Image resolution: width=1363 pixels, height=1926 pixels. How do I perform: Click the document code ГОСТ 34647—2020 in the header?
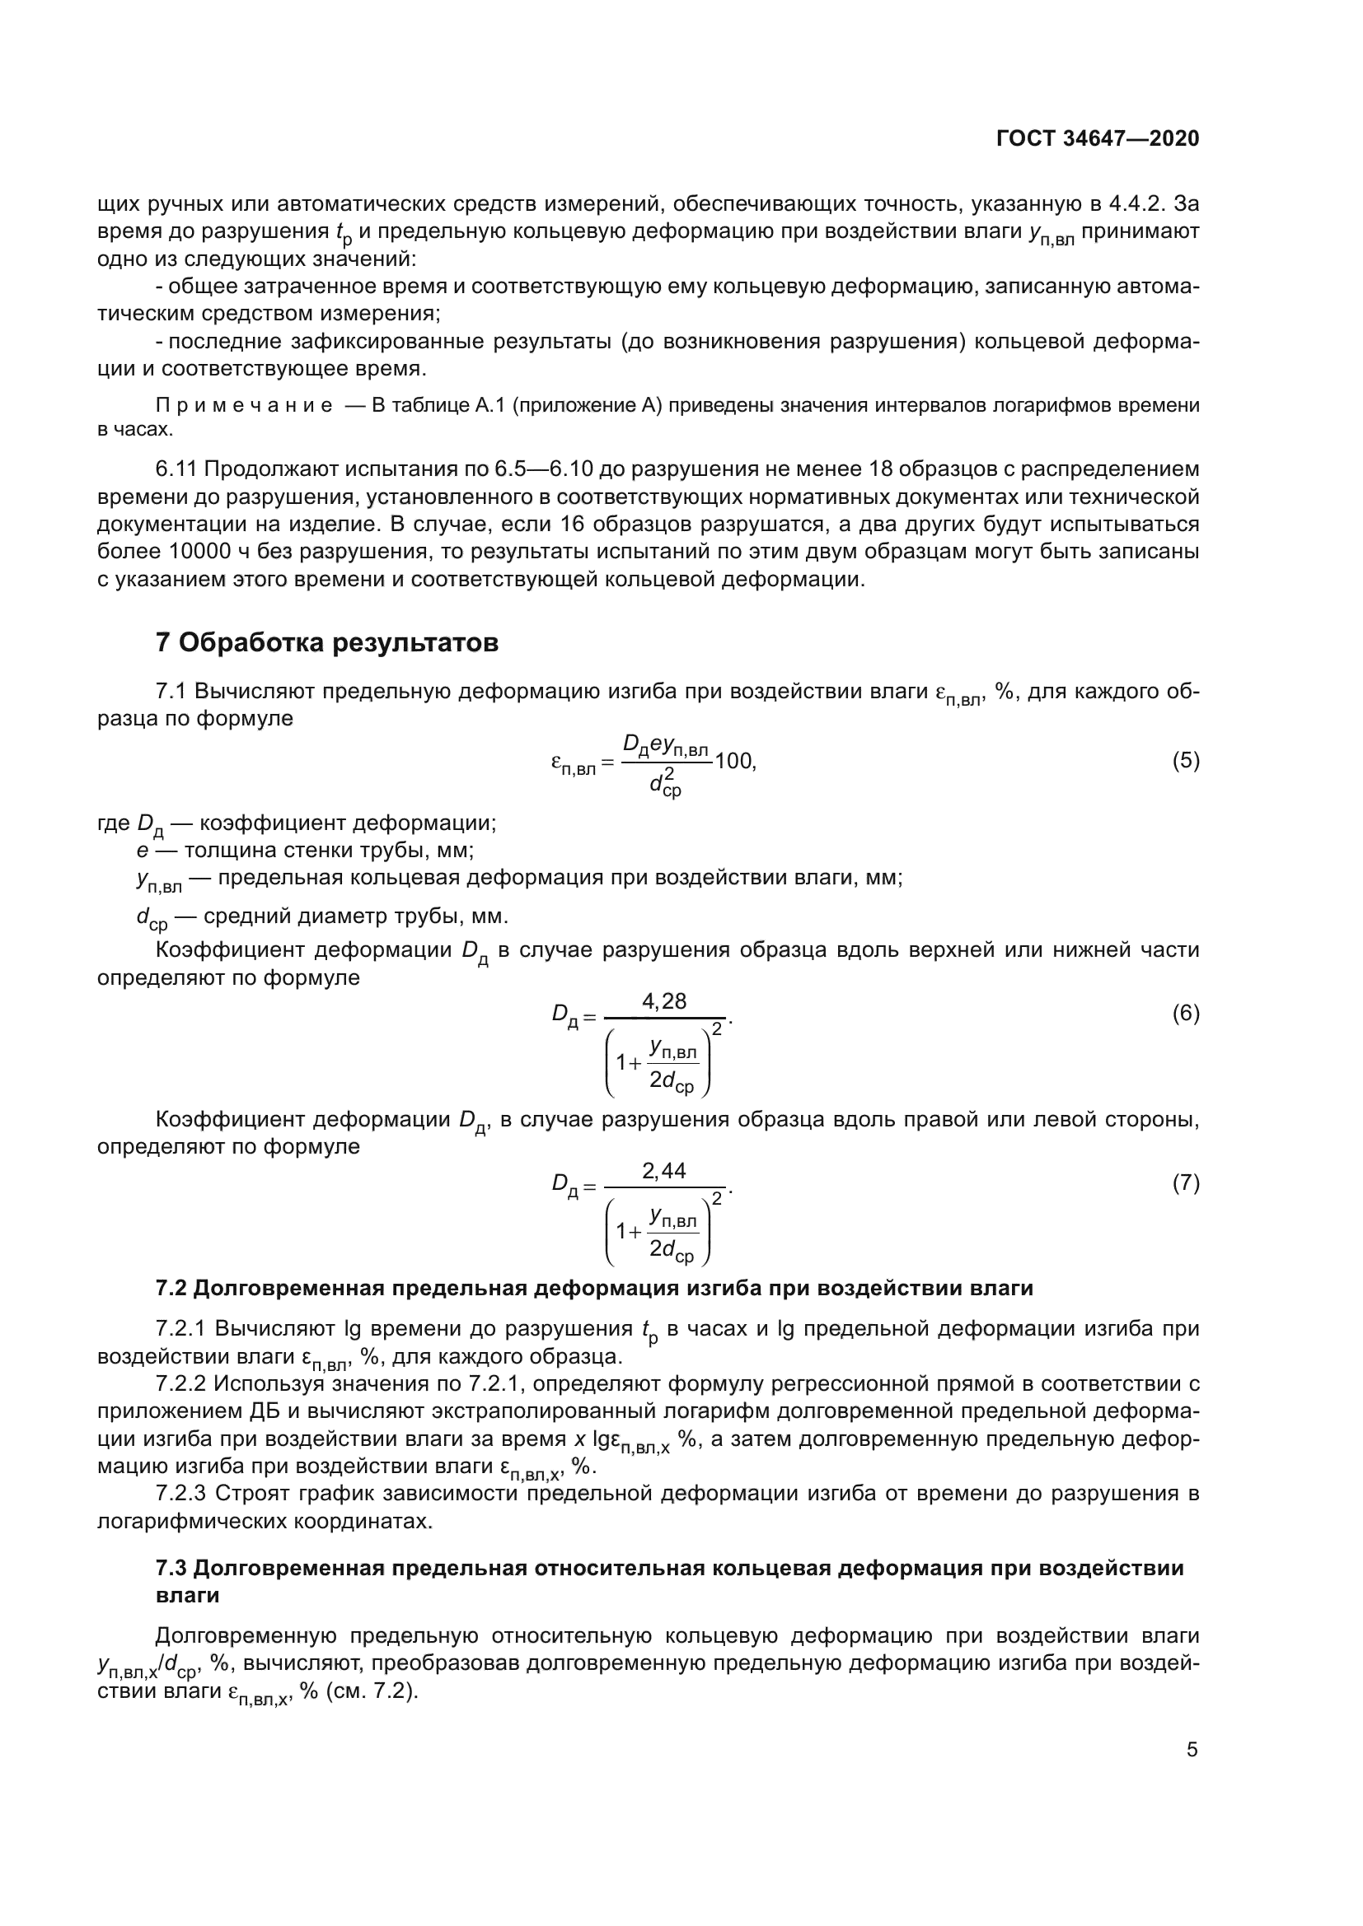tap(1097, 138)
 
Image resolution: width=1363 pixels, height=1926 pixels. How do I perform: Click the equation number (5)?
tap(1185, 761)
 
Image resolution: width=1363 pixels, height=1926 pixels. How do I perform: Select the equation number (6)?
tap(1185, 1014)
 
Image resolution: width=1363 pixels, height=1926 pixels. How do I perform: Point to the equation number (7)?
tap(1185, 1182)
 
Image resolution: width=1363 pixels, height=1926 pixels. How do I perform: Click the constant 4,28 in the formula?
tap(663, 1000)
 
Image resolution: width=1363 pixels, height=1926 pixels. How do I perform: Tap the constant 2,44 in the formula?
tap(663, 1170)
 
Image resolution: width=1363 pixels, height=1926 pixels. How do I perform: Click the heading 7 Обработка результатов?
tap(327, 642)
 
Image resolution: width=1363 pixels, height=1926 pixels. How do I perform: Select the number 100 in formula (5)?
tap(734, 762)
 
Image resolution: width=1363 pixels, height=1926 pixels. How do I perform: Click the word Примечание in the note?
tap(244, 406)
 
